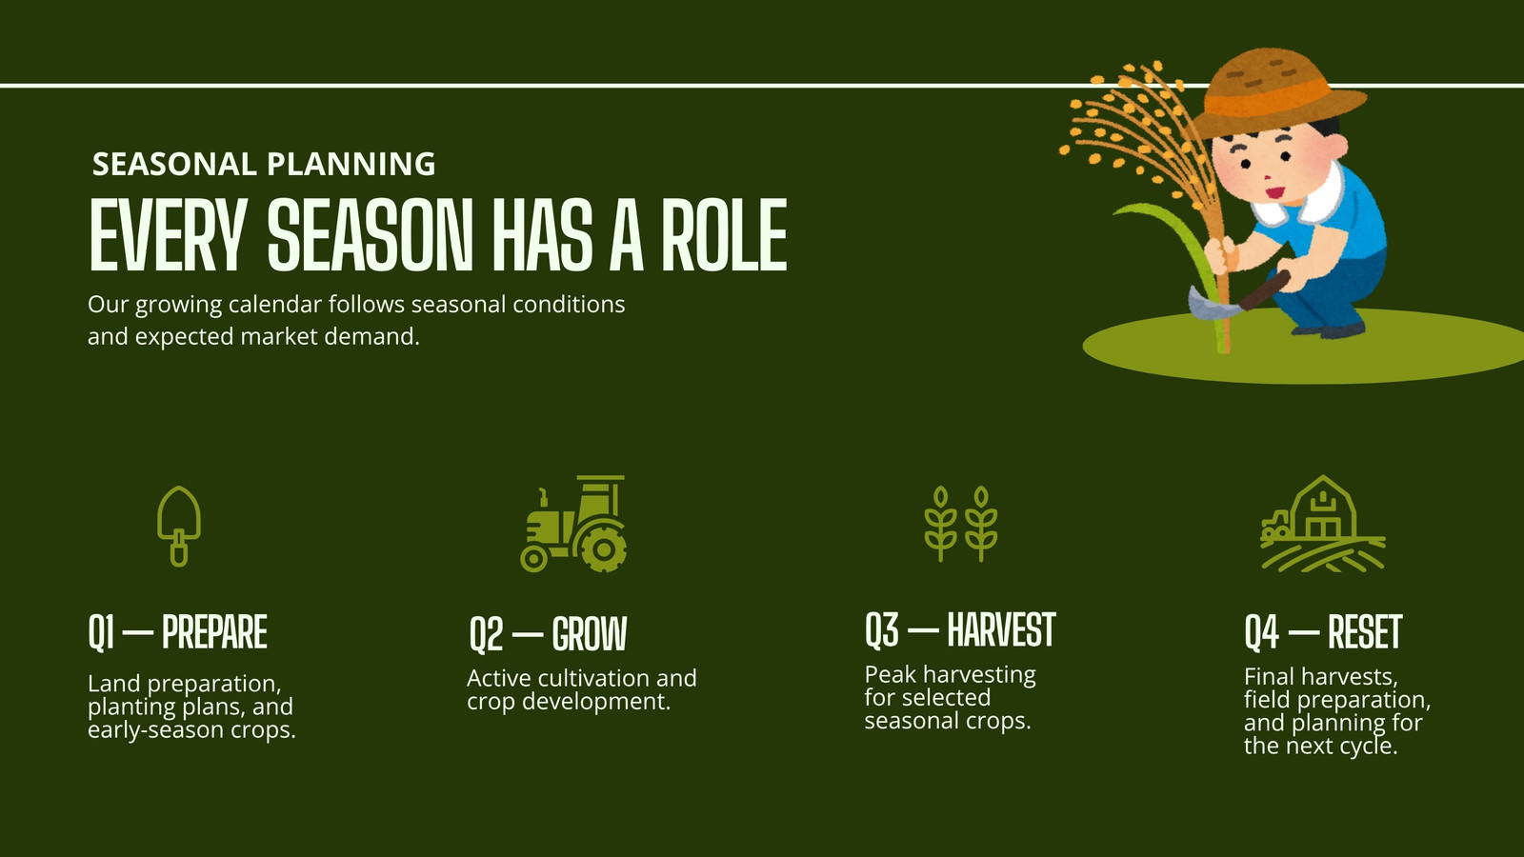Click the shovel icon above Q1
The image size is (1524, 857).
(179, 526)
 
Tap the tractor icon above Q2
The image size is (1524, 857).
(573, 523)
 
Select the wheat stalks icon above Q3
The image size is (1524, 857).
(961, 524)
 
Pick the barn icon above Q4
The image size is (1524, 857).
(1323, 523)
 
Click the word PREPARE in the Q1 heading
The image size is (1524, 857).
(214, 632)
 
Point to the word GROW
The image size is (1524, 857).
(590, 634)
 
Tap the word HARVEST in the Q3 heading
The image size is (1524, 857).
(1001, 629)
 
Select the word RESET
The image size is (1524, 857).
(1364, 632)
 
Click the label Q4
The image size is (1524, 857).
(1261, 632)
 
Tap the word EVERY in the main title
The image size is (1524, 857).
(168, 234)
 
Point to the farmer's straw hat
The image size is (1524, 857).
(1277, 91)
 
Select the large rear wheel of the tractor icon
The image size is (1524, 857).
(601, 547)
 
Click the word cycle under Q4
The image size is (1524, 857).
(1368, 747)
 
